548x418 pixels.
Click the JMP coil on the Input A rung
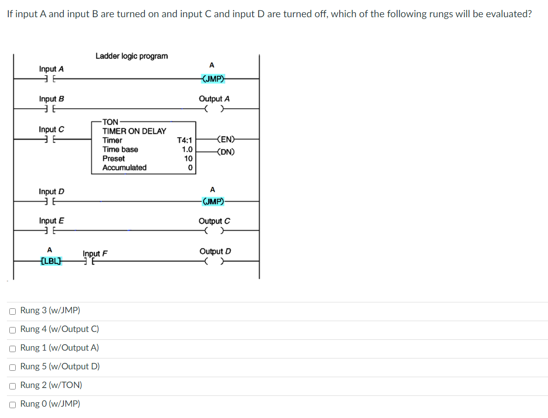tap(213, 78)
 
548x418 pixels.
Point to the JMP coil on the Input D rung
tap(213, 201)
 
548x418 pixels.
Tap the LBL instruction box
tap(51, 261)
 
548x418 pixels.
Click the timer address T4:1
tap(184, 140)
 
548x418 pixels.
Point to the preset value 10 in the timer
tap(188, 158)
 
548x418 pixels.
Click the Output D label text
tap(215, 251)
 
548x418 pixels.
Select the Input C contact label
tap(52, 129)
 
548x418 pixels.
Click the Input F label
tap(95, 253)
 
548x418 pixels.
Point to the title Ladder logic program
tap(131, 56)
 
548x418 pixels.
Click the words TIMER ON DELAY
tap(134, 131)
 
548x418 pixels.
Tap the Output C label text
tap(214, 221)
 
